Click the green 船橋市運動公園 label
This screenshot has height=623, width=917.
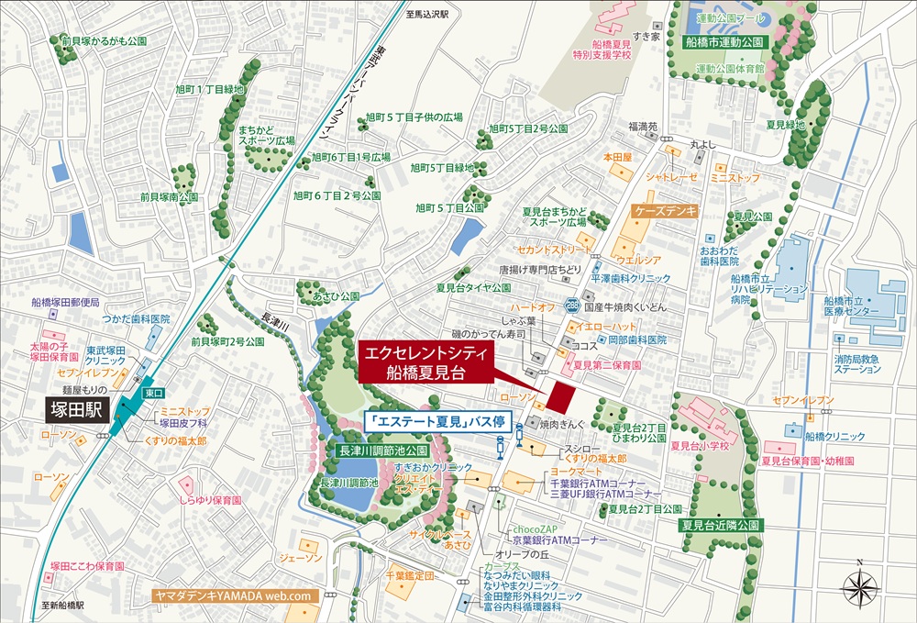[x=724, y=42]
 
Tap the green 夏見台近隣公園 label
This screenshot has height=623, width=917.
[x=721, y=526]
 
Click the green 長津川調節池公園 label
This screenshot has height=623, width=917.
[x=378, y=451]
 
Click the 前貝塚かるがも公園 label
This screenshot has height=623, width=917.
[x=104, y=41]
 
